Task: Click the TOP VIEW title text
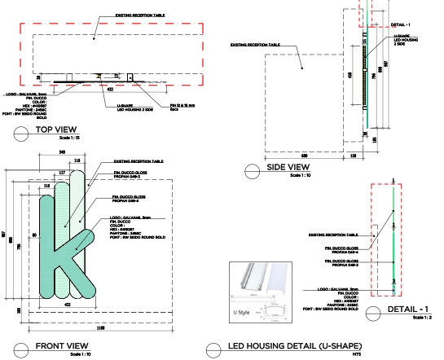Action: point(56,130)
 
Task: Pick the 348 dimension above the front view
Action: point(63,151)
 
